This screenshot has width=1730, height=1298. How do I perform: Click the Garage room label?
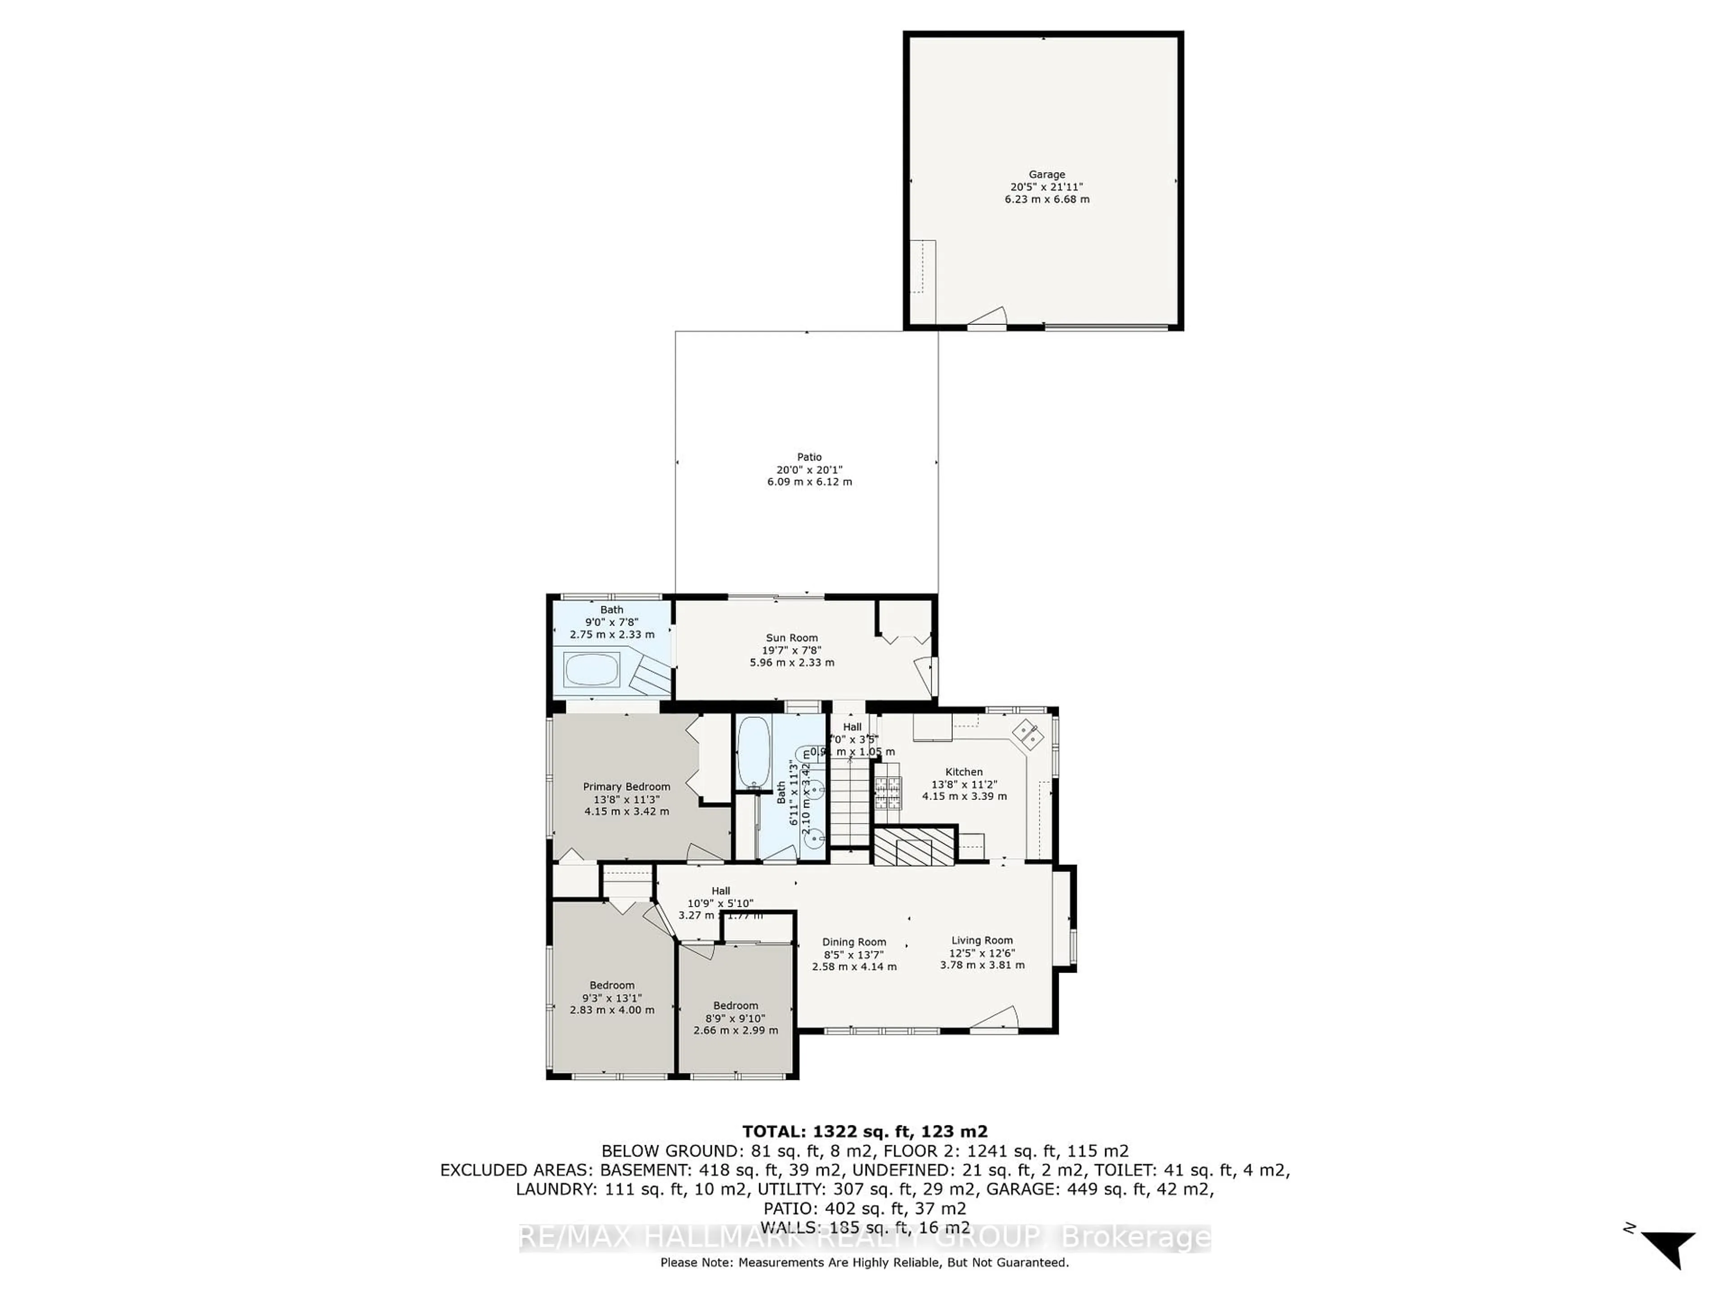coord(1047,174)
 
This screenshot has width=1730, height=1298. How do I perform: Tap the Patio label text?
coord(810,457)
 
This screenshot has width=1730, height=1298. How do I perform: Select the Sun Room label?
coord(792,638)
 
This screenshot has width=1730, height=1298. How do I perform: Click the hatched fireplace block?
coord(914,846)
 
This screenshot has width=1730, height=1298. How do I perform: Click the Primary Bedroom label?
coord(627,787)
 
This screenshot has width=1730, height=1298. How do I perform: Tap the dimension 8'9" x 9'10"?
coord(735,1018)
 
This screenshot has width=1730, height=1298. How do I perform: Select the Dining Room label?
coord(854,942)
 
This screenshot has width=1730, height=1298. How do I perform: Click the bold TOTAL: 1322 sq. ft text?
coord(864,1131)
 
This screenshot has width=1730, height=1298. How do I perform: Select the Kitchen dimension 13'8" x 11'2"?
coord(964,784)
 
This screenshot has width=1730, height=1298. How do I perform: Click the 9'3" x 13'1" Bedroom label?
coord(612,997)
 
